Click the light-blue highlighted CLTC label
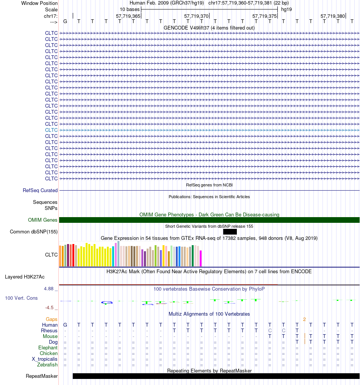click(51, 130)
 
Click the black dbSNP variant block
click(230, 232)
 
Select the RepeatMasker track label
click(42, 376)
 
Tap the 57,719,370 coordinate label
click(196, 16)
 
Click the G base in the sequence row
click(65, 21)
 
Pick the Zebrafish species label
click(47, 365)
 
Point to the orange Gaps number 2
click(305, 319)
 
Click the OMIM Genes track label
click(42, 220)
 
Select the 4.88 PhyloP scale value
click(49, 289)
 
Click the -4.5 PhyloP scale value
click(49, 308)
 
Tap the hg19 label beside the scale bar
click(286, 9)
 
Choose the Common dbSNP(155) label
click(34, 232)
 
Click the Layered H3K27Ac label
click(25, 277)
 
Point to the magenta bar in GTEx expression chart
click(200, 258)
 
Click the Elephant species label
click(48, 348)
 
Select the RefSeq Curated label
click(40, 191)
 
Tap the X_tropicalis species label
click(44, 359)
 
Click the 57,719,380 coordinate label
click(333, 16)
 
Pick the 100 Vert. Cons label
click(21, 298)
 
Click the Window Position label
click(39, 3)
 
